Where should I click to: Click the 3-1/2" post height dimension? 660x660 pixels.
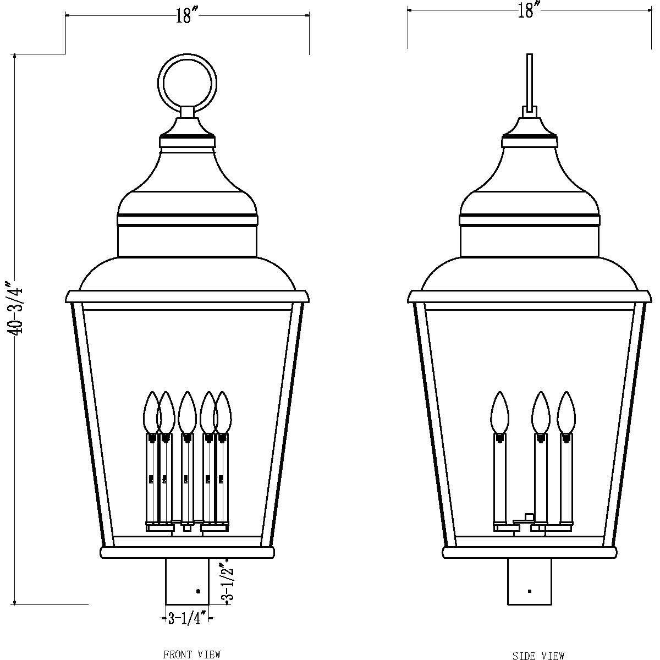pos(227,582)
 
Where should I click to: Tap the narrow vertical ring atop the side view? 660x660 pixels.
pos(530,80)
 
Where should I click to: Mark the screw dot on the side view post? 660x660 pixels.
pos(529,591)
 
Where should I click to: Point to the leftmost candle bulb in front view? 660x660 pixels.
pos(151,413)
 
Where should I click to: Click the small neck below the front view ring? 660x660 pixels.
pos(187,112)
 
